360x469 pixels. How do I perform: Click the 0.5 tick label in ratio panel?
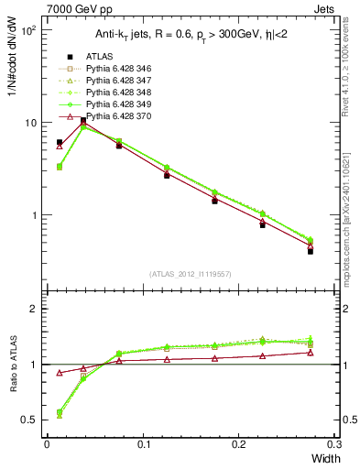(x=32, y=420)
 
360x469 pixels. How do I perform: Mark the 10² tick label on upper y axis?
(x=28, y=30)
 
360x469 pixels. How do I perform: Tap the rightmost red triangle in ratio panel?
(x=310, y=352)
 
